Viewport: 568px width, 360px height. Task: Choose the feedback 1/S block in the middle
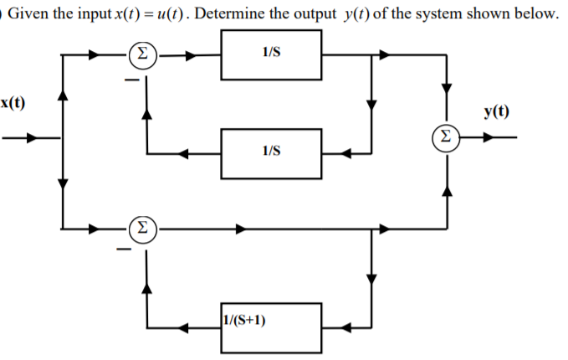click(271, 153)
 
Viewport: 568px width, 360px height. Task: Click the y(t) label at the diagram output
click(495, 111)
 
